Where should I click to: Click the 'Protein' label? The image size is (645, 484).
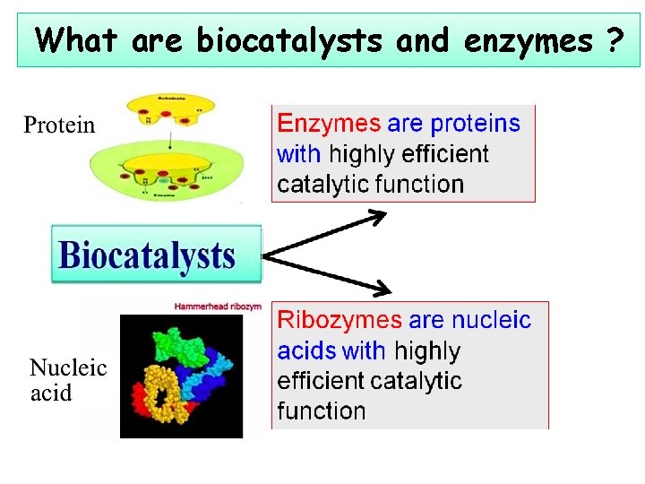59,125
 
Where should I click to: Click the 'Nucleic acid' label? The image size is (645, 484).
68,380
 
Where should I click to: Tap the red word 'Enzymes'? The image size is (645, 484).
329,123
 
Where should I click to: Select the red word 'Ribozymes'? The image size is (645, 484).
340,320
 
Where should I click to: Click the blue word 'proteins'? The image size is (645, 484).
475,123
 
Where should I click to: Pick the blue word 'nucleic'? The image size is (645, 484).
491,320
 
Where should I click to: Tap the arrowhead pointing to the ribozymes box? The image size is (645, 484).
382,289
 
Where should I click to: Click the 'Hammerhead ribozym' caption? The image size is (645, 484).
218,307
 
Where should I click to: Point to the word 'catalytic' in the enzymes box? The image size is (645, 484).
324,185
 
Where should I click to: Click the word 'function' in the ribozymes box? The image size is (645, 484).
322,411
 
